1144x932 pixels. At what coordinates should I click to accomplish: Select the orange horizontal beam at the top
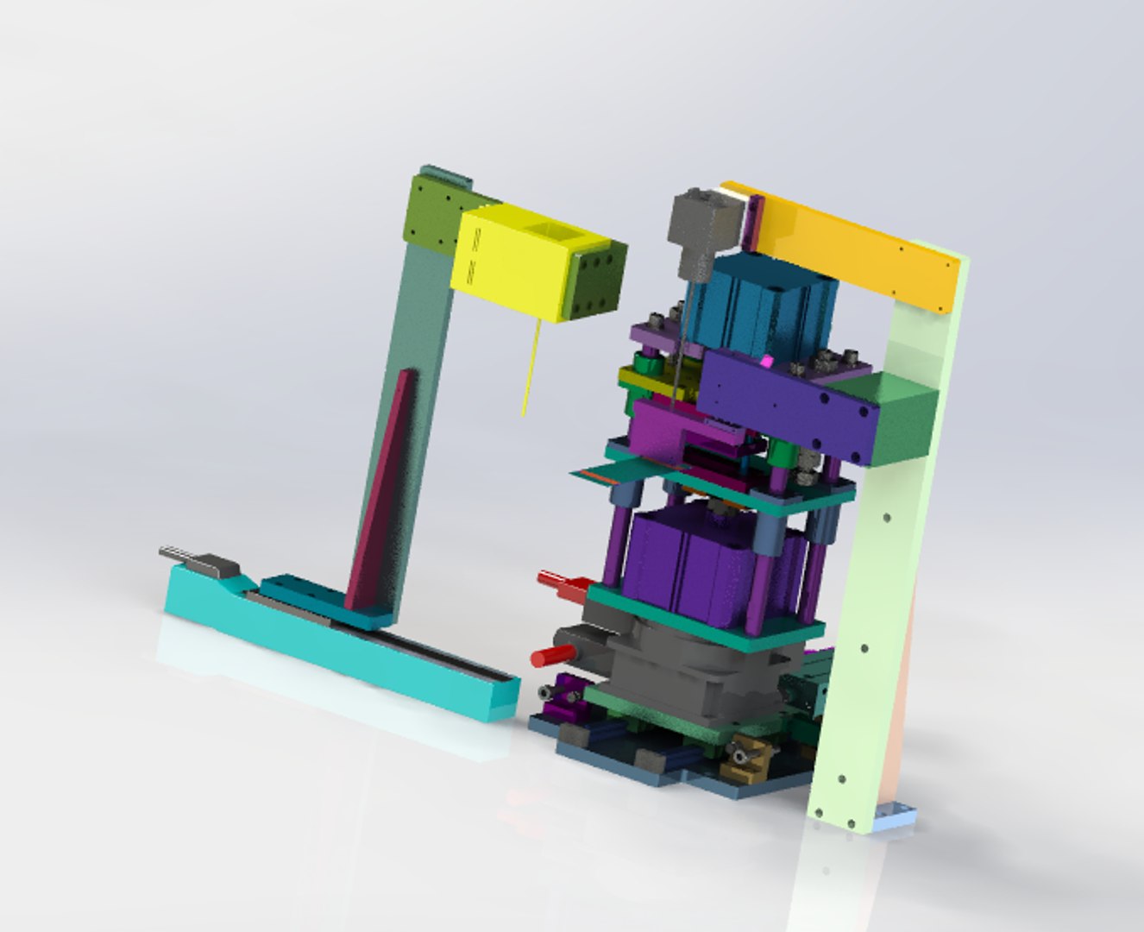tap(854, 246)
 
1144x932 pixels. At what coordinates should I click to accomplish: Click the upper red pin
tap(552, 580)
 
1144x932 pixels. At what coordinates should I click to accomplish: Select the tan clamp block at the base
tap(747, 764)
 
